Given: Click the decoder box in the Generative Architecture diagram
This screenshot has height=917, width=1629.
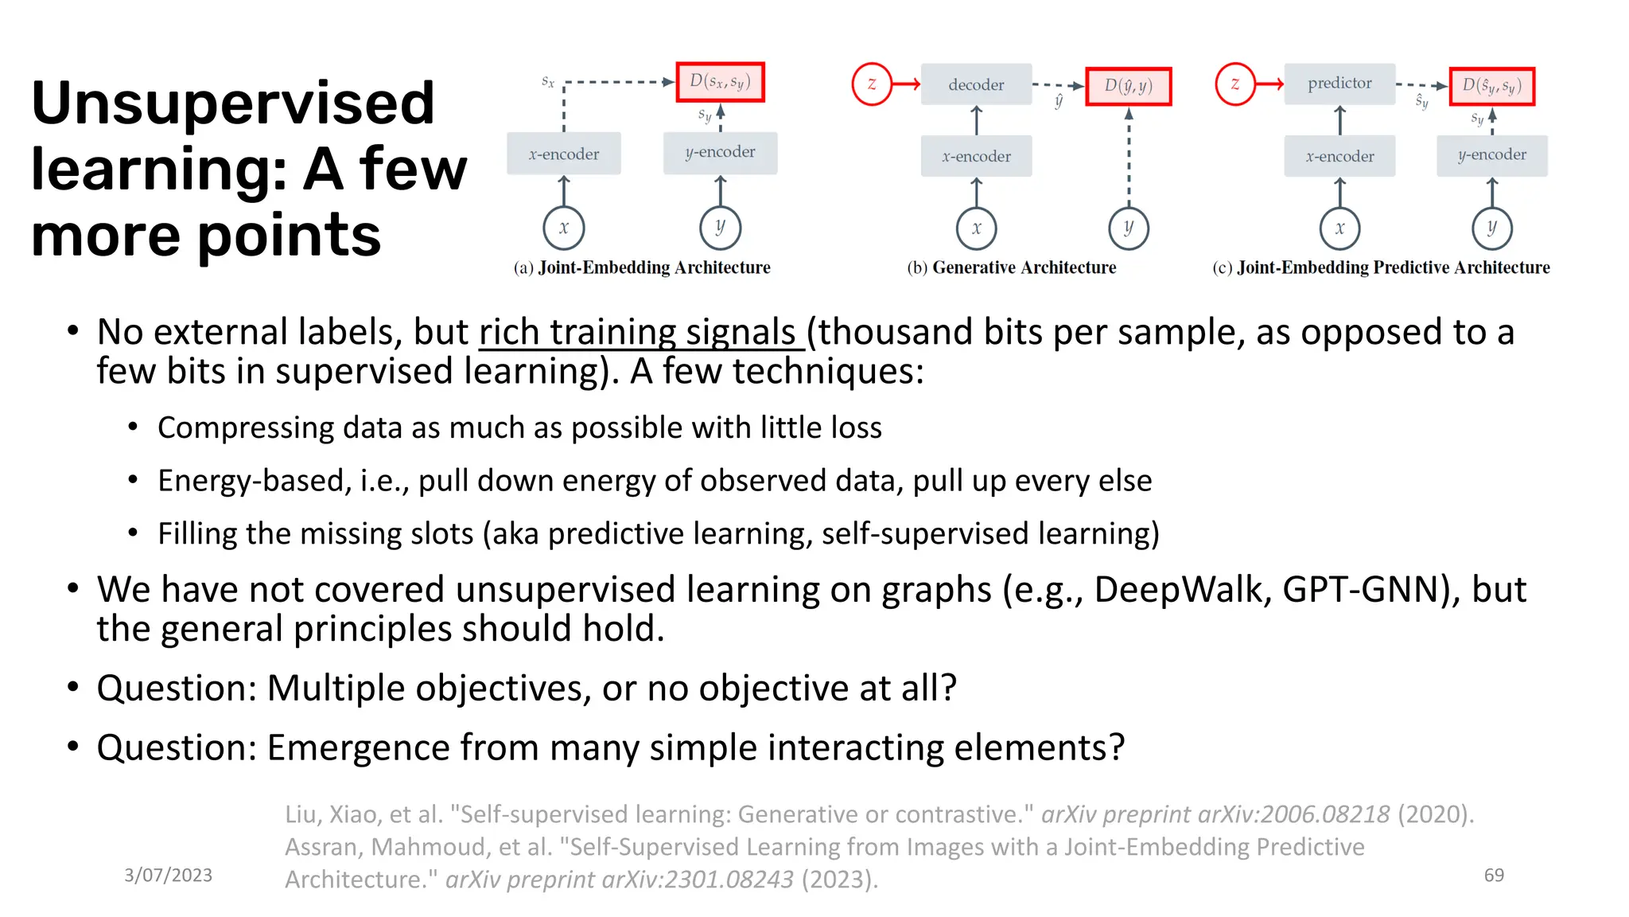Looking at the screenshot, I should pos(976,84).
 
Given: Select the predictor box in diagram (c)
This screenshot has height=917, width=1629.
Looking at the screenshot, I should pos(1339,84).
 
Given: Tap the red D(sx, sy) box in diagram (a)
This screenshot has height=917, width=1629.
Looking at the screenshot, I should pos(720,82).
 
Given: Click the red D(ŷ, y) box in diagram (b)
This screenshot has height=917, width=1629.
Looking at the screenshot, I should pos(1128,86).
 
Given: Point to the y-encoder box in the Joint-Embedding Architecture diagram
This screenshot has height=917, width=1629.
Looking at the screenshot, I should pos(720,152).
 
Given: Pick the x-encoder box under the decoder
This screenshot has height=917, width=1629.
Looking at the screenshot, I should pos(976,156).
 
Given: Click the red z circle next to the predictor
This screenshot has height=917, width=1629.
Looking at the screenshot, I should pos(1234,84).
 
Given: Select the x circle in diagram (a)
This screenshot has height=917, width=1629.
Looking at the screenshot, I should pos(564,228).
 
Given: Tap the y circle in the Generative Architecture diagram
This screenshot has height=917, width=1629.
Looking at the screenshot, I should pos(1128,228).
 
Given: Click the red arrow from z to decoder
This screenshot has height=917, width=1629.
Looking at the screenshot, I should pos(907,84).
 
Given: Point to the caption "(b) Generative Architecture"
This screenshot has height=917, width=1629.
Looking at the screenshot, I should pos(1012,267).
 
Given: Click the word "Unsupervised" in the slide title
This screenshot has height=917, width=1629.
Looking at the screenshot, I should pos(233,103).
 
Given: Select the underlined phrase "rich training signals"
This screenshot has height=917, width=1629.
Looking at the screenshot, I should pos(640,332).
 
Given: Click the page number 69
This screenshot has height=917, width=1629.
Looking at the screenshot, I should pos(1494,875).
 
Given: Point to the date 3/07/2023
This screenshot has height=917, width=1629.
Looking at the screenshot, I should pos(168,875).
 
